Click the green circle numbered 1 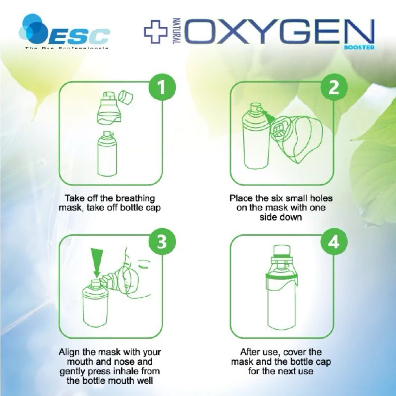[162, 87]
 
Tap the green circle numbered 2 [334, 87]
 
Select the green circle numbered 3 [162, 242]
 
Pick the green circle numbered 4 [334, 242]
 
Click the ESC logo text [78, 37]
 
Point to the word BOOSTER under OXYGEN [359, 47]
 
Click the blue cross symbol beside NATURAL [155, 31]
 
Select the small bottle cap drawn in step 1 [126, 97]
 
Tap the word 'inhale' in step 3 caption [132, 371]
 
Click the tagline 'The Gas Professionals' [67, 48]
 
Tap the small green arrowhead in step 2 [270, 118]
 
